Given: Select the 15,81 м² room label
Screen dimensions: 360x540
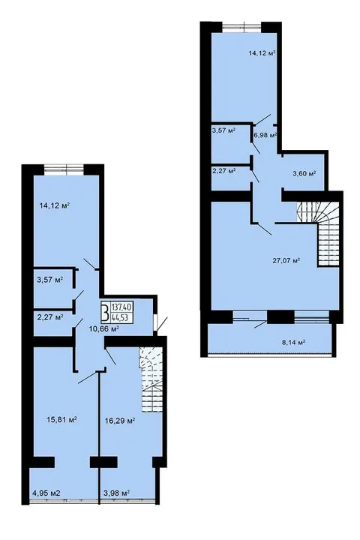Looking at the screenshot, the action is click(61, 420).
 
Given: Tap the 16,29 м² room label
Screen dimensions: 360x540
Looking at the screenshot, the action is click(119, 421).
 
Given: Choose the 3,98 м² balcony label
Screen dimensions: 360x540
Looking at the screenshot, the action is click(116, 493).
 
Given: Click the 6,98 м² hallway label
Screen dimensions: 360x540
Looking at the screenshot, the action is click(265, 135).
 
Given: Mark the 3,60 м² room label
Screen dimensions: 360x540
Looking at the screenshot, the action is click(304, 173).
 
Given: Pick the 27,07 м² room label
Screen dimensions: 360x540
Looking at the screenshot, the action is click(286, 260).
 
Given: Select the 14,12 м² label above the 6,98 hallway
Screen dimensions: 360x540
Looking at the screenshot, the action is click(262, 53).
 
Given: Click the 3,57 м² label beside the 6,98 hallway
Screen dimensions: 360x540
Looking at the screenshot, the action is click(223, 130).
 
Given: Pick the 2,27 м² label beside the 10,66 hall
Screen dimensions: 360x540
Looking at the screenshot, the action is click(50, 316).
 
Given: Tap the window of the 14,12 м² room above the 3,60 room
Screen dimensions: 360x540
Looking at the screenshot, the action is click(241, 27).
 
